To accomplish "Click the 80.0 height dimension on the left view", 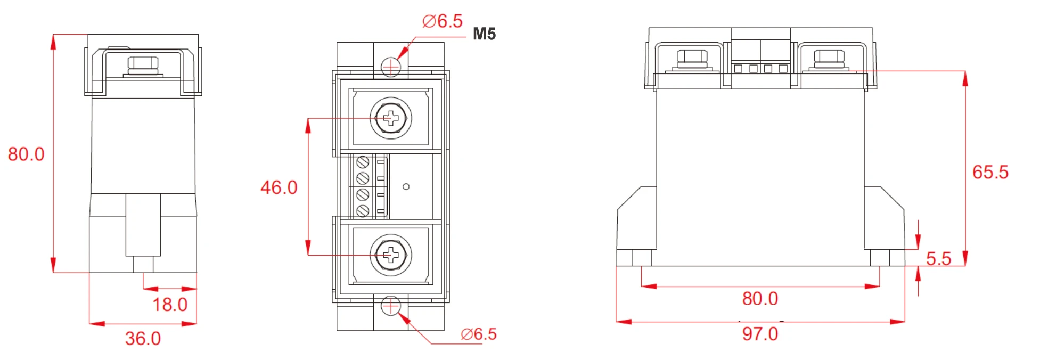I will pyautogui.click(x=26, y=154).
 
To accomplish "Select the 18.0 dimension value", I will pyautogui.click(x=170, y=305).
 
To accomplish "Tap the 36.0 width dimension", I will pyautogui.click(x=143, y=338).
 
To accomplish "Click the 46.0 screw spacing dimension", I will pyautogui.click(x=279, y=187).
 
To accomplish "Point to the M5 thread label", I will pyautogui.click(x=484, y=34).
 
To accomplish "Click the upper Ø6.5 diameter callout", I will pyautogui.click(x=442, y=21).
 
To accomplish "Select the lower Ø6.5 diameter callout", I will pyautogui.click(x=478, y=334).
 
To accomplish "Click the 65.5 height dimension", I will pyautogui.click(x=990, y=172).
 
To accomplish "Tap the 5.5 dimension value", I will pyautogui.click(x=938, y=258).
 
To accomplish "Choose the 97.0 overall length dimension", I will pyautogui.click(x=760, y=334).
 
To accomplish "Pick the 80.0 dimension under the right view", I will pyautogui.click(x=760, y=298).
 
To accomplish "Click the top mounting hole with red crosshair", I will pyautogui.click(x=391, y=67).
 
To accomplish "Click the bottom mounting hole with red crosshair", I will pyautogui.click(x=391, y=306).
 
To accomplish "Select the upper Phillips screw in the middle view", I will pyautogui.click(x=391, y=118).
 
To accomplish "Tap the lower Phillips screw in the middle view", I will pyautogui.click(x=391, y=255).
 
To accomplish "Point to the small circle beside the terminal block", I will pyautogui.click(x=406, y=187).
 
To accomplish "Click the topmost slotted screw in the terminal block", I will pyautogui.click(x=363, y=162).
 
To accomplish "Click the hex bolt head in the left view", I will pyautogui.click(x=143, y=63).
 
